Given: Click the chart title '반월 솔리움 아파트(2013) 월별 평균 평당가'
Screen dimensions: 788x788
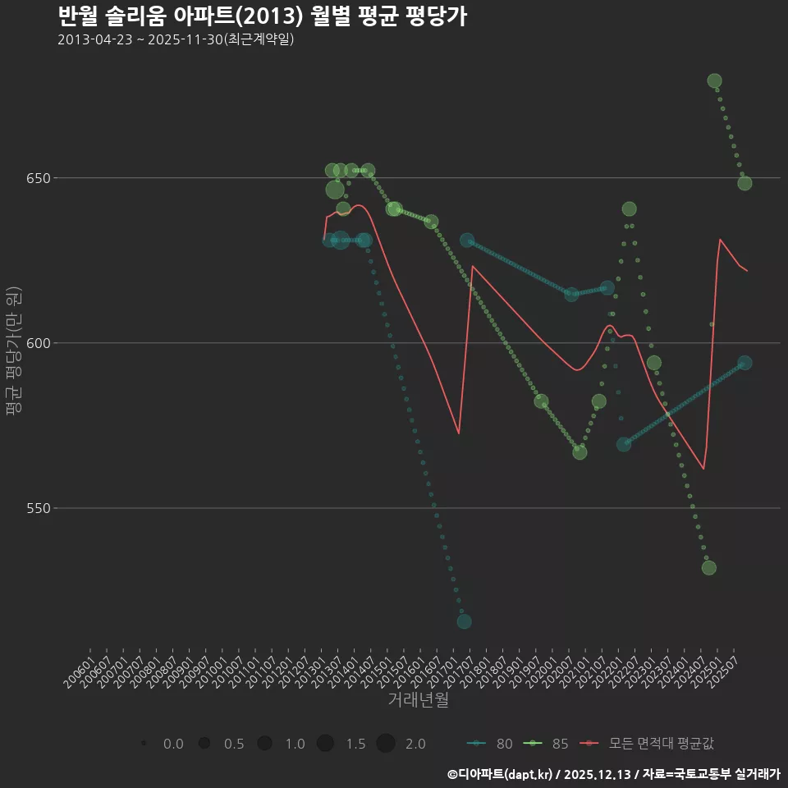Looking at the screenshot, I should point(263,16).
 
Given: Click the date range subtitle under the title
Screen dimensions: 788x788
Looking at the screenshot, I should point(176,39).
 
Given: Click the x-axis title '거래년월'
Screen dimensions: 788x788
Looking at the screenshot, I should point(418,700).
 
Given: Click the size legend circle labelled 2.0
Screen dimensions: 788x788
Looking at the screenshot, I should point(386,744).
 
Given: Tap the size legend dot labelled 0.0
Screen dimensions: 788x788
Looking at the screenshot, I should point(144,744).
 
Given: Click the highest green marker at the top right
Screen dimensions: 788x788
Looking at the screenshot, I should point(714,81).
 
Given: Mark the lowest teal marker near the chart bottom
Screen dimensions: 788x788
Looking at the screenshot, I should point(464,621).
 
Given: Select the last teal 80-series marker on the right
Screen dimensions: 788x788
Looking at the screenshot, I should point(744,363).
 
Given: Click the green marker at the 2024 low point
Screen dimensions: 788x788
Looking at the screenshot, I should point(709,568).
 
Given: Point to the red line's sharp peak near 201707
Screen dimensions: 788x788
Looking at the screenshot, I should point(473,266).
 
